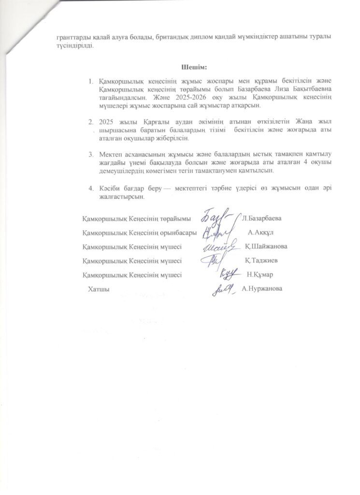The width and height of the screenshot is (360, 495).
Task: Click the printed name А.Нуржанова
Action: pos(262,289)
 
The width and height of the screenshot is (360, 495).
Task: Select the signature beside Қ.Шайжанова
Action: pos(221,247)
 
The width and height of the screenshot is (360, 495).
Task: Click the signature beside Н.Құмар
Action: pos(229,274)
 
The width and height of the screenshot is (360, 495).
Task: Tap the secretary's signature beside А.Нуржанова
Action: pos(224,289)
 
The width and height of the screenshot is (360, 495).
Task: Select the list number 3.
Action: pos(90,154)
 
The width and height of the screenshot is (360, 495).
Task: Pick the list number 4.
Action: pos(90,188)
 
